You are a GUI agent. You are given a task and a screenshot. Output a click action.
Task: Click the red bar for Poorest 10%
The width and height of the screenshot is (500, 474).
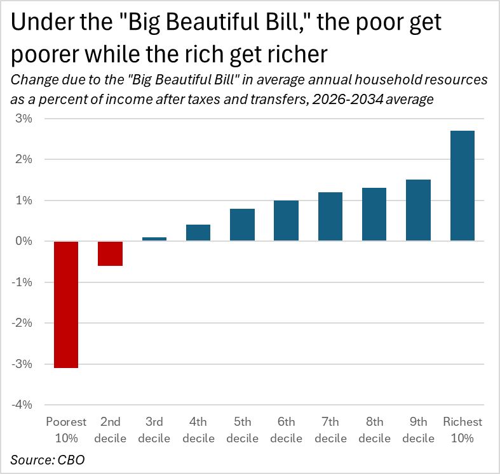tap(66, 304)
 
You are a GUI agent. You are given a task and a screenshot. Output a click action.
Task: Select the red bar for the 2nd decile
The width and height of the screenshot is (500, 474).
tap(110, 253)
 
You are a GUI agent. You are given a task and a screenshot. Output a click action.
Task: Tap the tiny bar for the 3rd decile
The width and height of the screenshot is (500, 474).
tap(154, 239)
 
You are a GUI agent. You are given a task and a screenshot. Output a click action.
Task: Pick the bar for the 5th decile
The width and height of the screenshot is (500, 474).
tap(242, 225)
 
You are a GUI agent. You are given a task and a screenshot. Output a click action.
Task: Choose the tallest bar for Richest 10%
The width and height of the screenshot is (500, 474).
tap(462, 186)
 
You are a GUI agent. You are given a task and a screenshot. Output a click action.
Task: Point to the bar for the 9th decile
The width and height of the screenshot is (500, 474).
tap(418, 210)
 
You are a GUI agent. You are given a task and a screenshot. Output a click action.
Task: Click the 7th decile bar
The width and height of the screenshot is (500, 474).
tap(330, 216)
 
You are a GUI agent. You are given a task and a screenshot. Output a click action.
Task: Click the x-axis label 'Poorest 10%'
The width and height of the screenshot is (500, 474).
tap(66, 430)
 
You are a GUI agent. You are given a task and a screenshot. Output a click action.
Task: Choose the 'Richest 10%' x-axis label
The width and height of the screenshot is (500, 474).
tap(463, 430)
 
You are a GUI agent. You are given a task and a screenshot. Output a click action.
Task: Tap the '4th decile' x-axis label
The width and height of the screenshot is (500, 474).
tap(198, 430)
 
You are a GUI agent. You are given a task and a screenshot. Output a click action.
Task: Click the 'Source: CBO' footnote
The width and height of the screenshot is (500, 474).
tap(48, 459)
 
